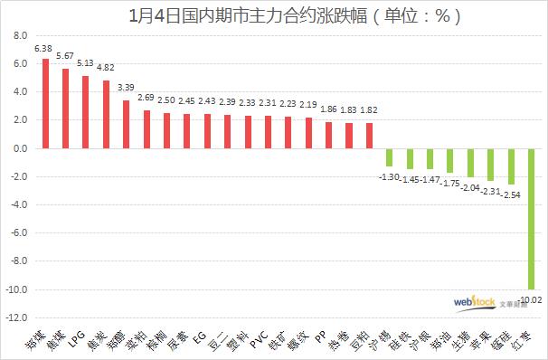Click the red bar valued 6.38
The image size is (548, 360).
[45, 103]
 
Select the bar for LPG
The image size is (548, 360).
[86, 112]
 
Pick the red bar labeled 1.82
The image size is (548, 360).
[369, 136]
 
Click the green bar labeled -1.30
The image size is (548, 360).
[390, 157]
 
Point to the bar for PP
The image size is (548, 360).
[328, 135]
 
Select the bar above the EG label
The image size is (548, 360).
[207, 131]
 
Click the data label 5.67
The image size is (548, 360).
[65, 56]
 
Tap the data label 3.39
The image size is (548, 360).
[127, 89]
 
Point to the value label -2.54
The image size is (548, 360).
[511, 194]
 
